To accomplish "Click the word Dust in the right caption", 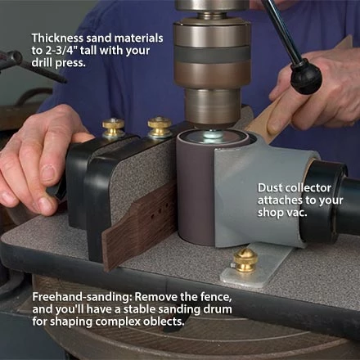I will (271, 186).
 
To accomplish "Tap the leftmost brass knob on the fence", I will (113, 128).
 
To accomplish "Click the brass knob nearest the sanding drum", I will (160, 127).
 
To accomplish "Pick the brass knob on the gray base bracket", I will (243, 261).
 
